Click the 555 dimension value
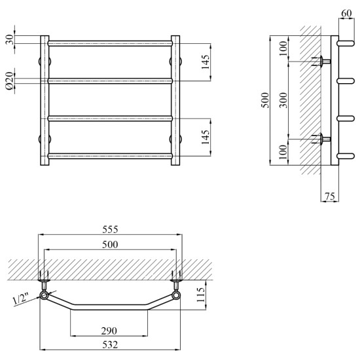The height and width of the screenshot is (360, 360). click(110, 229)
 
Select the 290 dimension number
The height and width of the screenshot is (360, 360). click(109, 331)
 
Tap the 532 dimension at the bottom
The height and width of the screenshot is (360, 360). click(110, 345)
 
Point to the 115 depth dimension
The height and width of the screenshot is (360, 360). click(201, 295)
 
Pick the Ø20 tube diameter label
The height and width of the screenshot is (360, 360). click(10, 81)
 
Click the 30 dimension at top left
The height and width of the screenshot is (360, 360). click(10, 40)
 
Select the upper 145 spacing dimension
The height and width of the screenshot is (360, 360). click(206, 62)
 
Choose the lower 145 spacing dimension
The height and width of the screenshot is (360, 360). click(206, 137)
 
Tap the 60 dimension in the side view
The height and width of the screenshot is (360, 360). click(346, 13)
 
